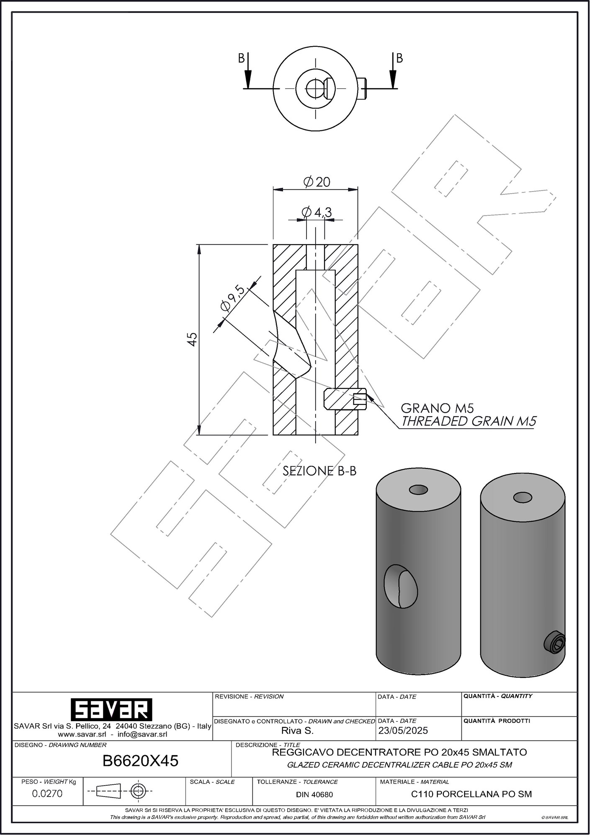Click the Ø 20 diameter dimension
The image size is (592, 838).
(x=317, y=182)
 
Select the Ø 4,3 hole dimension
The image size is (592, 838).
(x=317, y=212)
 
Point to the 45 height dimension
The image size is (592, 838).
(x=192, y=339)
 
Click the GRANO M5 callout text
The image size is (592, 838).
(x=437, y=408)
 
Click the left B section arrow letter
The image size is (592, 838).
(x=241, y=58)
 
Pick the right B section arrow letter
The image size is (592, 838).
(x=399, y=58)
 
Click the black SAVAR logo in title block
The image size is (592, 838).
(x=111, y=709)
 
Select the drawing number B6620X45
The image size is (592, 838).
(x=141, y=760)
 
